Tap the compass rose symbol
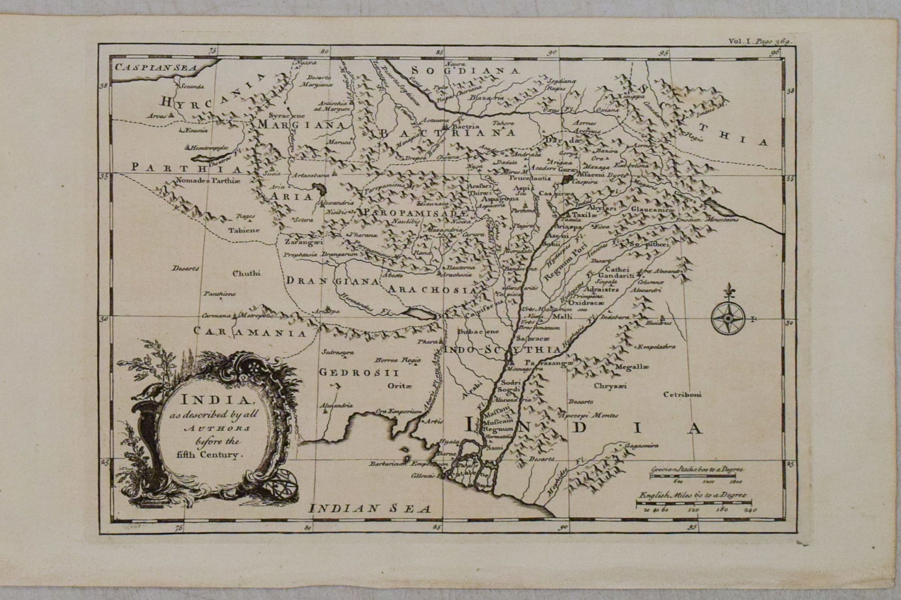coord(728,319)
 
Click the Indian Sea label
coord(371,508)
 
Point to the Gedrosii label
coord(359,373)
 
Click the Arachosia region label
coord(432,290)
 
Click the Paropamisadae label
coord(416,214)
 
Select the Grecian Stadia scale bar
coord(692,476)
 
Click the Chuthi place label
coord(247,274)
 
